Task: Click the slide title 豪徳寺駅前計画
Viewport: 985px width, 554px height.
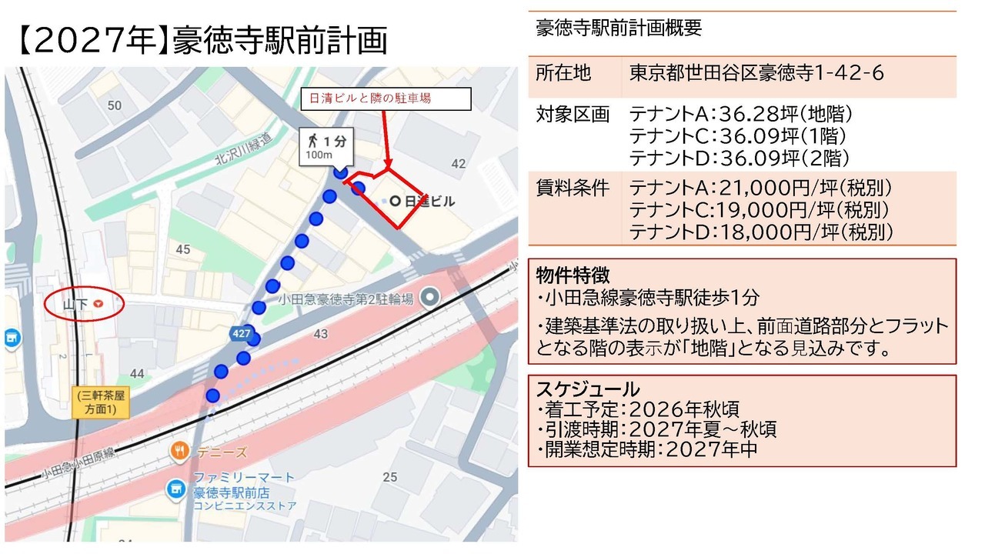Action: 280,40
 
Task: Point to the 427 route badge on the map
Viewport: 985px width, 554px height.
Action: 242,332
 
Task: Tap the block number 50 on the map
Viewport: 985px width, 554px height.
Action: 115,105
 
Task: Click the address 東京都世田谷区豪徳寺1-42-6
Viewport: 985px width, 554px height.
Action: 756,73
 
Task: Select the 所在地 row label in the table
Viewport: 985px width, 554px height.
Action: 563,73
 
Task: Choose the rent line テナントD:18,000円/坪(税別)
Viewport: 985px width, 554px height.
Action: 762,232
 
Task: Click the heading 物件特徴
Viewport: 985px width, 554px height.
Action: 573,275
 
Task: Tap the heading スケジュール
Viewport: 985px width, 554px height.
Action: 587,389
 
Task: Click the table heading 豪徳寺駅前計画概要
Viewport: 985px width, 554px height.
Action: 619,28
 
